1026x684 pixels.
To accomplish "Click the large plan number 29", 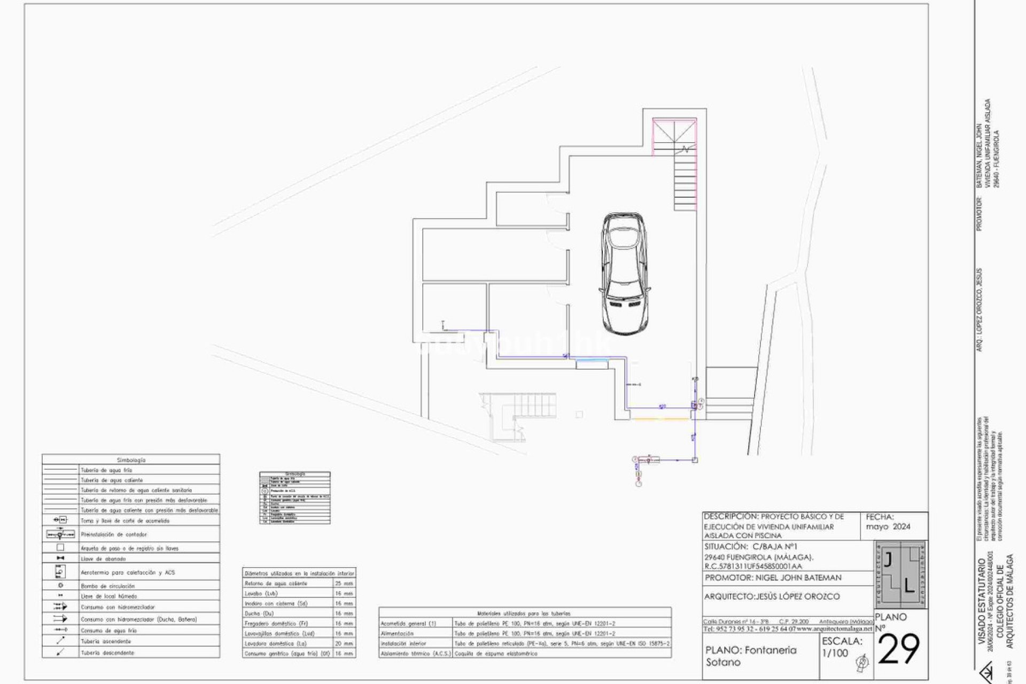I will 899,650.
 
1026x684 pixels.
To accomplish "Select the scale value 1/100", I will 835,653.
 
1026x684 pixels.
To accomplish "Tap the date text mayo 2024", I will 888,526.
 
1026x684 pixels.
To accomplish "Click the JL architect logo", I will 900,574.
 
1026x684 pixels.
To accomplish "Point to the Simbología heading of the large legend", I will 131,460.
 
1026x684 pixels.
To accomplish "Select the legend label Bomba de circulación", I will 107,586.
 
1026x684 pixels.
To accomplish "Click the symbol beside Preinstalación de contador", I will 60,534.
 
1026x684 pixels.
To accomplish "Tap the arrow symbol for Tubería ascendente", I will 60,641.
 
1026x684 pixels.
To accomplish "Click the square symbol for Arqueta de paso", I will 60,548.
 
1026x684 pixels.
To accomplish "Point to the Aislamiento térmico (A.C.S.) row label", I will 415,654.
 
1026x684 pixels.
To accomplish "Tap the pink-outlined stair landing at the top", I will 674,136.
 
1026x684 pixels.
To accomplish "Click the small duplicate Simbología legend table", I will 295,498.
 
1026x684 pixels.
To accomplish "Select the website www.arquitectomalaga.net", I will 834,629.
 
